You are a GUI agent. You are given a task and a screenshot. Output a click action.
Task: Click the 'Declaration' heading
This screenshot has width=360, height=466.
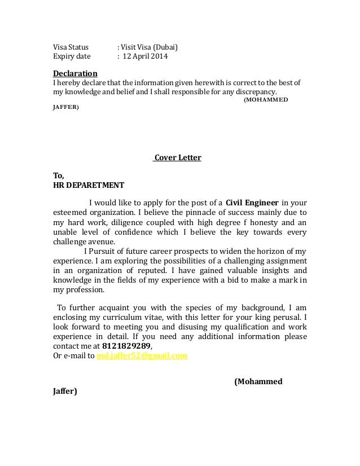point(75,73)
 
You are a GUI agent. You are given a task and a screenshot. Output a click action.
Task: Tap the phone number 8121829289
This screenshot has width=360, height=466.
point(127,346)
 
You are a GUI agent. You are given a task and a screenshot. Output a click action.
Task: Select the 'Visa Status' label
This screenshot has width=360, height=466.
point(71,47)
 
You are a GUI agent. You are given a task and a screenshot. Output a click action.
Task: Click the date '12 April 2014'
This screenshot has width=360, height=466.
point(146,57)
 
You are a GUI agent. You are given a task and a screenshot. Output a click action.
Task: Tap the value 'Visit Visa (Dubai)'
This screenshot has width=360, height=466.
point(152,47)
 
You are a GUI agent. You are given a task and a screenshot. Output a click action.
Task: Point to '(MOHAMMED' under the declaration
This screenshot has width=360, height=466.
point(266,99)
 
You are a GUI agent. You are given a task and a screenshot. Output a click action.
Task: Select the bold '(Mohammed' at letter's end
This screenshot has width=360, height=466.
point(258,381)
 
